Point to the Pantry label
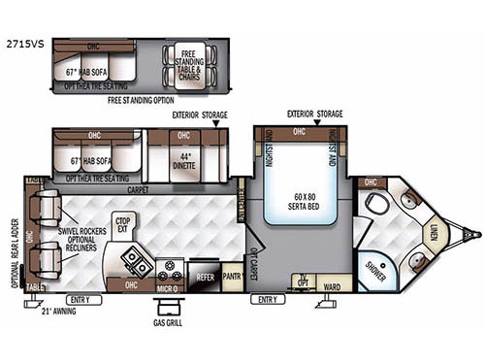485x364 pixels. click(x=231, y=277)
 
